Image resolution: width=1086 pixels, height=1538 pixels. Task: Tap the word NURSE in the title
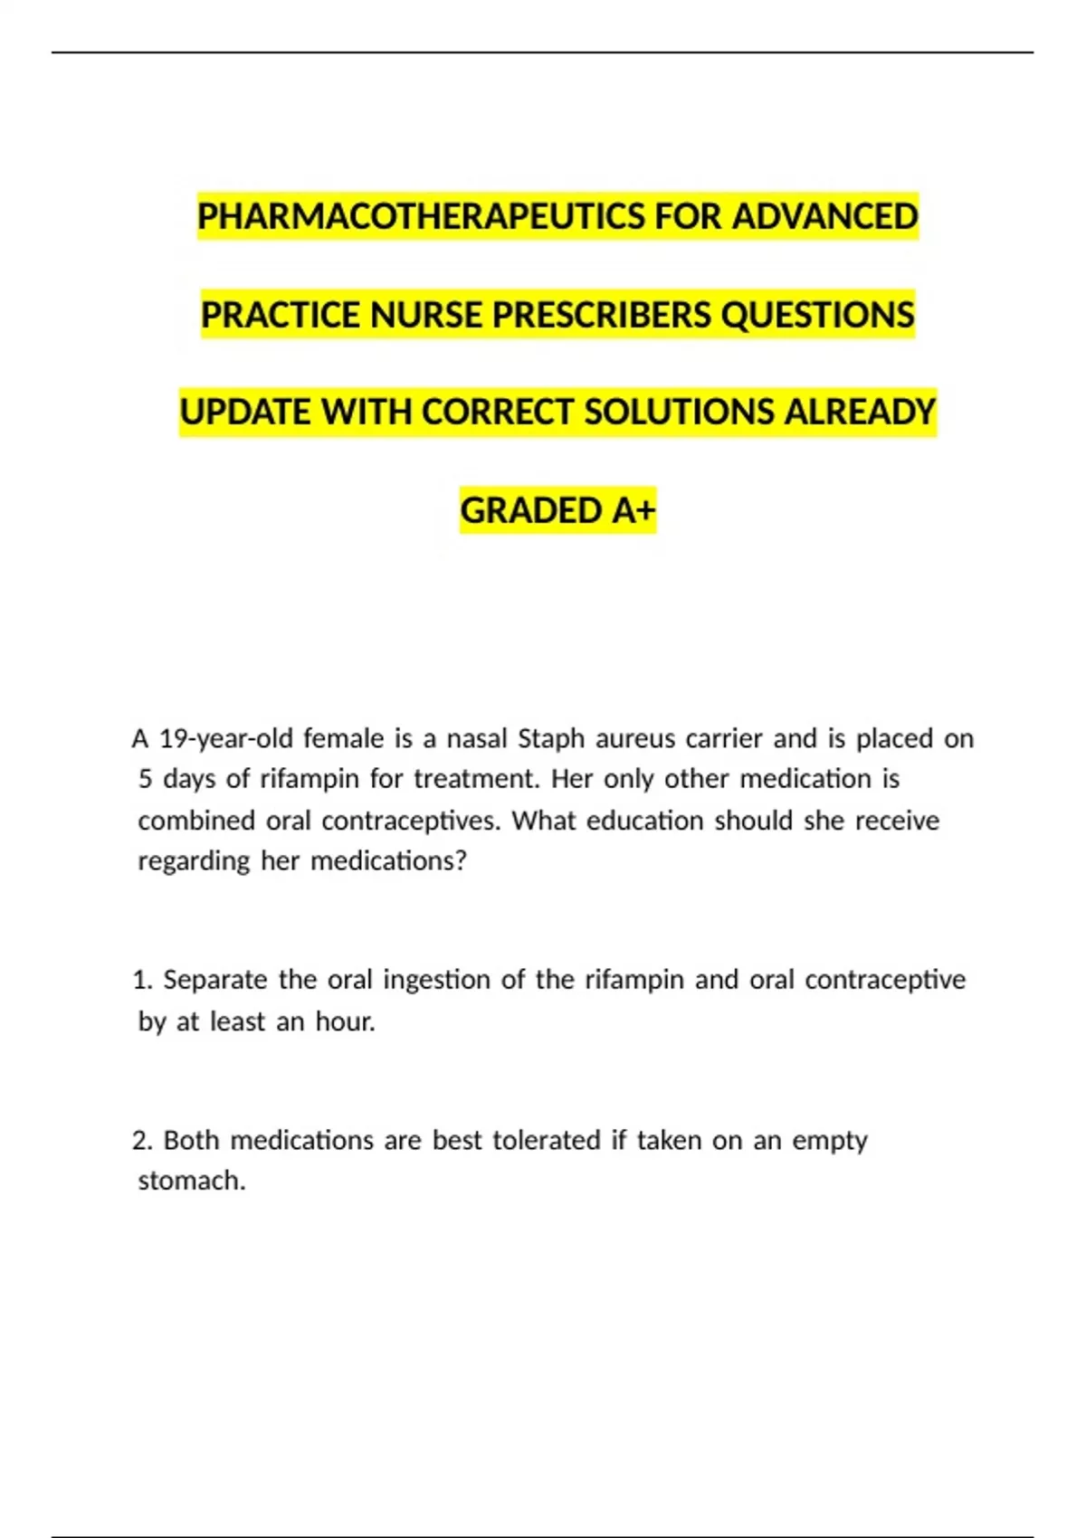point(426,315)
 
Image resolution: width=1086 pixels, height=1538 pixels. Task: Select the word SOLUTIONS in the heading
point(679,413)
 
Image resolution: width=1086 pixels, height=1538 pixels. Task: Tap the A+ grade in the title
point(633,511)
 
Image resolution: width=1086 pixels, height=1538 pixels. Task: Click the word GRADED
point(532,511)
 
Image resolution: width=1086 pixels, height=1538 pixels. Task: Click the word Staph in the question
point(551,739)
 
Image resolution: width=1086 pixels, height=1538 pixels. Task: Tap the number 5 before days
point(145,779)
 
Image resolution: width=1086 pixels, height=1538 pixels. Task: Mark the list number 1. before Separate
point(142,980)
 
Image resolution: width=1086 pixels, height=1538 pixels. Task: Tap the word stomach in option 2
point(190,1181)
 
